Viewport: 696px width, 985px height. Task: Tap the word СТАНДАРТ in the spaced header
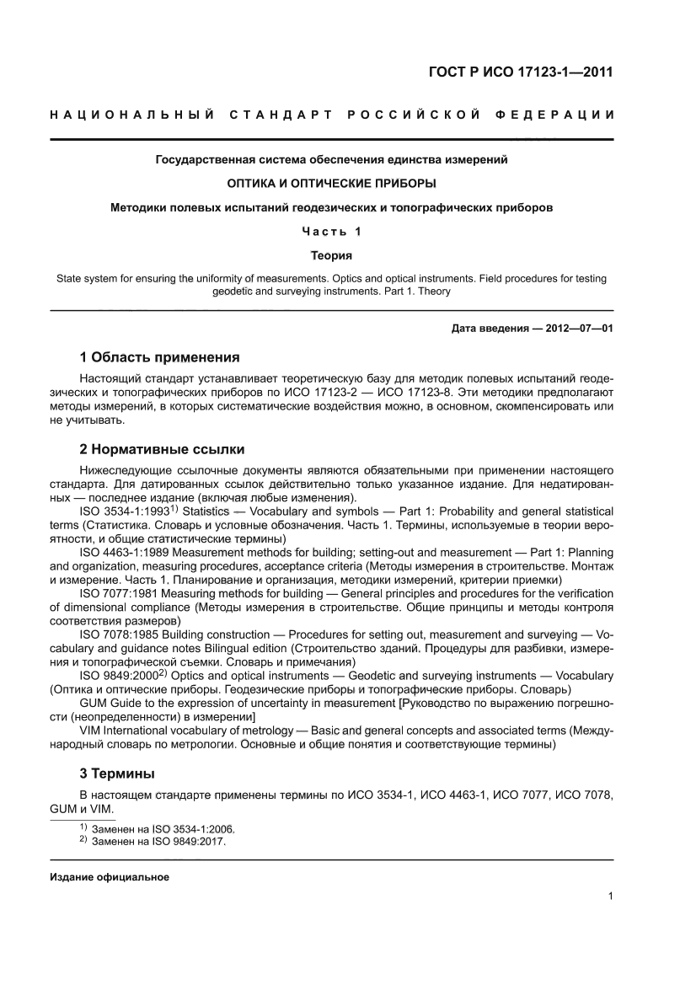click(x=277, y=115)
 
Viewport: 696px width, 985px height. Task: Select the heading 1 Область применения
click(x=158, y=356)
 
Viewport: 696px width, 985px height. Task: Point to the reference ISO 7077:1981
click(x=118, y=593)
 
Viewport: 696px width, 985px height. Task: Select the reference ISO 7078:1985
click(x=118, y=634)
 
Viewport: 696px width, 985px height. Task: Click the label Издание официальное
click(x=110, y=877)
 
